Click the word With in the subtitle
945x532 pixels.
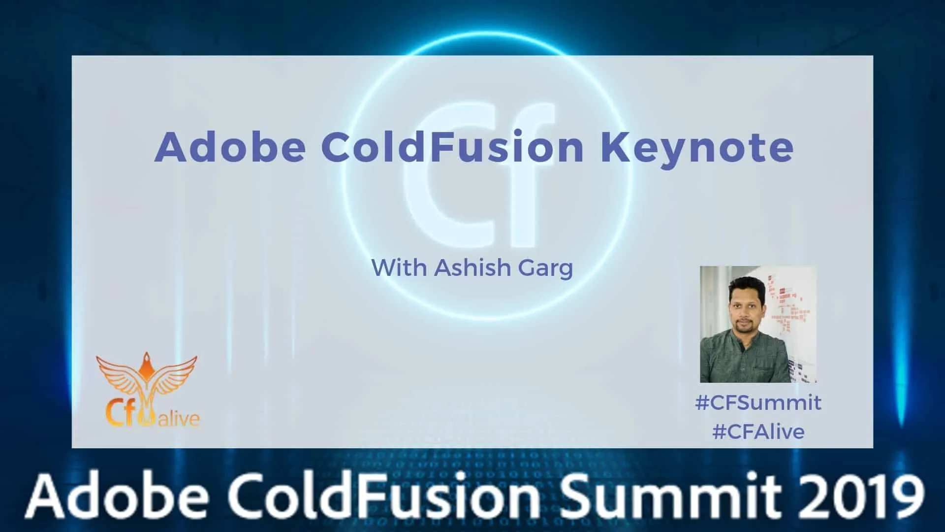399,267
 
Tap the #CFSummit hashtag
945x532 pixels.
758,402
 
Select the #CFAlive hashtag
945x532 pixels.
758,432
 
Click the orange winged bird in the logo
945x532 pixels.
147,379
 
